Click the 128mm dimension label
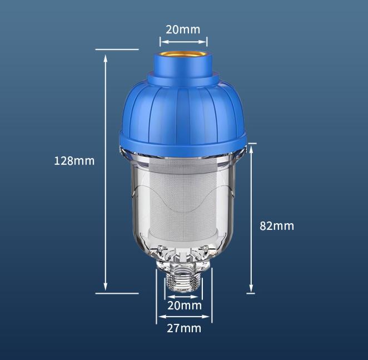tap(74, 161)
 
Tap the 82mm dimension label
tap(277, 226)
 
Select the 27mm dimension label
tap(184, 328)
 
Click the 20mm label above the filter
tap(183, 29)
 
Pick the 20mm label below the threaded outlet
tap(184, 305)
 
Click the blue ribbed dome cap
tap(183, 109)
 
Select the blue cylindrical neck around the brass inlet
tap(183, 70)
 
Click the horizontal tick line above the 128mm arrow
tap(117, 50)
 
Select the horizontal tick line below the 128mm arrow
tap(117, 292)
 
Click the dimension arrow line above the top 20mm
tap(183, 41)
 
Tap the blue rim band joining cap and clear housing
tap(183, 142)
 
